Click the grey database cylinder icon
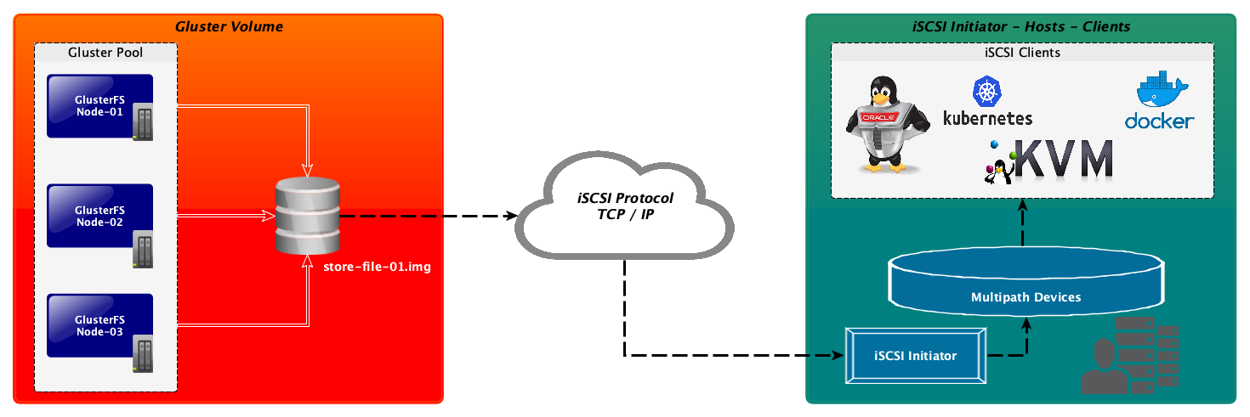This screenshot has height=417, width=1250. coord(307,216)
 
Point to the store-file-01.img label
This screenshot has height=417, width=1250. coord(378,268)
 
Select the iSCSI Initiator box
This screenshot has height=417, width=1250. coord(915,355)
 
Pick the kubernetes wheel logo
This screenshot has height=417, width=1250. coord(987,91)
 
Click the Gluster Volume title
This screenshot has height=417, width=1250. coord(229,27)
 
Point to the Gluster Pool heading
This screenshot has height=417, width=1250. coord(105,53)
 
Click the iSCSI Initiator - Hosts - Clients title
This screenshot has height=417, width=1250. coord(1020,27)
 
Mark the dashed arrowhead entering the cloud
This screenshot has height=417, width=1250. coord(511,216)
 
